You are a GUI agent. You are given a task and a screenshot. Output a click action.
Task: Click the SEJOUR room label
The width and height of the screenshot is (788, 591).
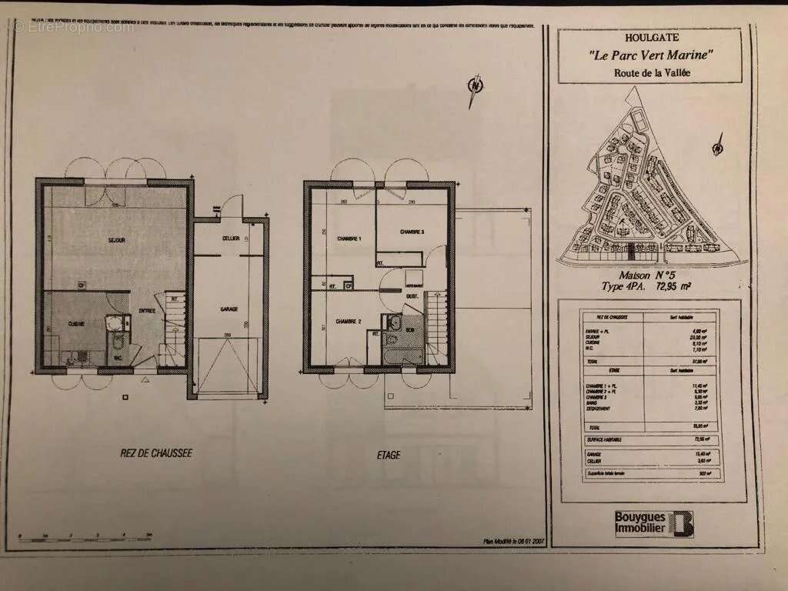117,241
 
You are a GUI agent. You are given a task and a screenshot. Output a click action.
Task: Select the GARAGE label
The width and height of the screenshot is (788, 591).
229,309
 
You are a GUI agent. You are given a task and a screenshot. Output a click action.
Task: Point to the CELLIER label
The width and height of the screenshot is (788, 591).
229,239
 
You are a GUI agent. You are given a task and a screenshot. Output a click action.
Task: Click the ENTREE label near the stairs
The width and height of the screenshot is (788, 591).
147,311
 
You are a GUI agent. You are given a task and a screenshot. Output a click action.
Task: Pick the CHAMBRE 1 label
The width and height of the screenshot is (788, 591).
349,239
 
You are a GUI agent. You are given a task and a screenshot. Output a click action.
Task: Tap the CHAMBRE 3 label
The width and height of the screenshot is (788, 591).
412,232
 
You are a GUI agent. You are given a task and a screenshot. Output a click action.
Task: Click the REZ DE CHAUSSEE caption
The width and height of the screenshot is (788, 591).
145,453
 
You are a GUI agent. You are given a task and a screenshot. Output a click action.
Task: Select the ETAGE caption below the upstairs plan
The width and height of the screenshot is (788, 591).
389,455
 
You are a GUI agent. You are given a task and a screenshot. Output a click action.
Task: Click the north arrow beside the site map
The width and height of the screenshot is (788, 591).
719,142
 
